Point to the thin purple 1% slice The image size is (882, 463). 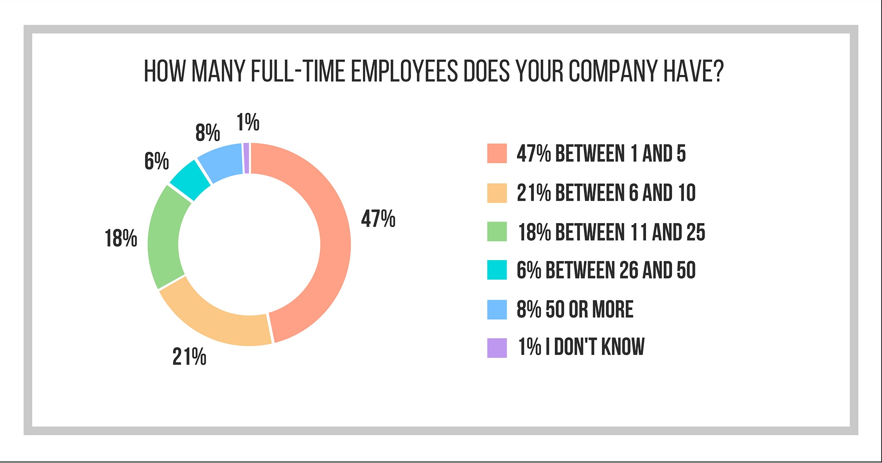tap(247, 158)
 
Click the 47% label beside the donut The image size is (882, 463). tap(378, 219)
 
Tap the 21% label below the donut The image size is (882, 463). tap(189, 357)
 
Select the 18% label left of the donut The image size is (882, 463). tap(121, 239)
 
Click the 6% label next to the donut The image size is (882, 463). tap(157, 161)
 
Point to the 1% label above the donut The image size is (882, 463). tap(248, 122)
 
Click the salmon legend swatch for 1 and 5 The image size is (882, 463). tap(497, 153)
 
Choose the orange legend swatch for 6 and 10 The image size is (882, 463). tap(497, 193)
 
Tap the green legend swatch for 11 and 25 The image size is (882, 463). tap(497, 231)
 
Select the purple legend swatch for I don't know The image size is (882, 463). tap(497, 347)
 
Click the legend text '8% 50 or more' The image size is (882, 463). tap(575, 309)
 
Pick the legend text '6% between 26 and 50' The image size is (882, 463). tap(606, 270)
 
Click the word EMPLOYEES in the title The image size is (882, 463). tap(404, 71)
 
